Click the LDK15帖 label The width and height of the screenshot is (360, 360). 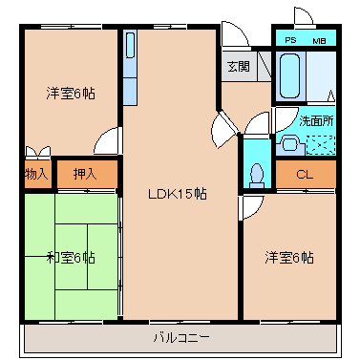(178, 194)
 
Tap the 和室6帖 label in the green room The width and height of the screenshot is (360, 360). (71, 258)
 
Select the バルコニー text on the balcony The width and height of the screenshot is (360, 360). (181, 338)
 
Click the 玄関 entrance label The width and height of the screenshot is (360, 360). (239, 66)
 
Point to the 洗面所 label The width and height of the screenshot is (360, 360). (316, 121)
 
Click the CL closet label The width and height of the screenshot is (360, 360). (305, 174)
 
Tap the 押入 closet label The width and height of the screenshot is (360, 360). (85, 174)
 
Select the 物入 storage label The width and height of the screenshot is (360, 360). (37, 174)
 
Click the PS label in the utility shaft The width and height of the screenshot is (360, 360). (290, 40)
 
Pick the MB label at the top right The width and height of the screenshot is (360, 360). (319, 41)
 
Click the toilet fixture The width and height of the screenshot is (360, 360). (257, 176)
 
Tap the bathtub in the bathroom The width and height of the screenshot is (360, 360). (289, 76)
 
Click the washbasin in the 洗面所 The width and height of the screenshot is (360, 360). (290, 144)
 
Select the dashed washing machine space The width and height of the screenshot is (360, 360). (321, 145)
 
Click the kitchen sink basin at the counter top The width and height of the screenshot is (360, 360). (130, 45)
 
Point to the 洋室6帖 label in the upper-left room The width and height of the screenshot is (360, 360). (71, 94)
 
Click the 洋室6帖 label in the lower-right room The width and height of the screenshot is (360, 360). (289, 258)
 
